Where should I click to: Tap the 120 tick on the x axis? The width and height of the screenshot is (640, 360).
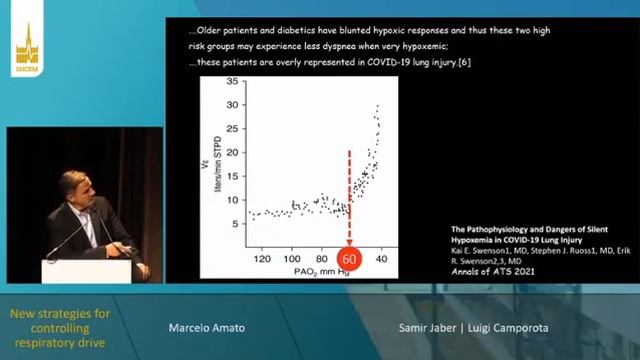(x=263, y=258)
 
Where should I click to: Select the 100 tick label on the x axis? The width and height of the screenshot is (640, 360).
(x=293, y=258)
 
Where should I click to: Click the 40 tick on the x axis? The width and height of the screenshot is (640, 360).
(x=381, y=258)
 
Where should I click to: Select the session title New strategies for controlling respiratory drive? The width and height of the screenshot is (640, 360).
(x=60, y=329)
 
